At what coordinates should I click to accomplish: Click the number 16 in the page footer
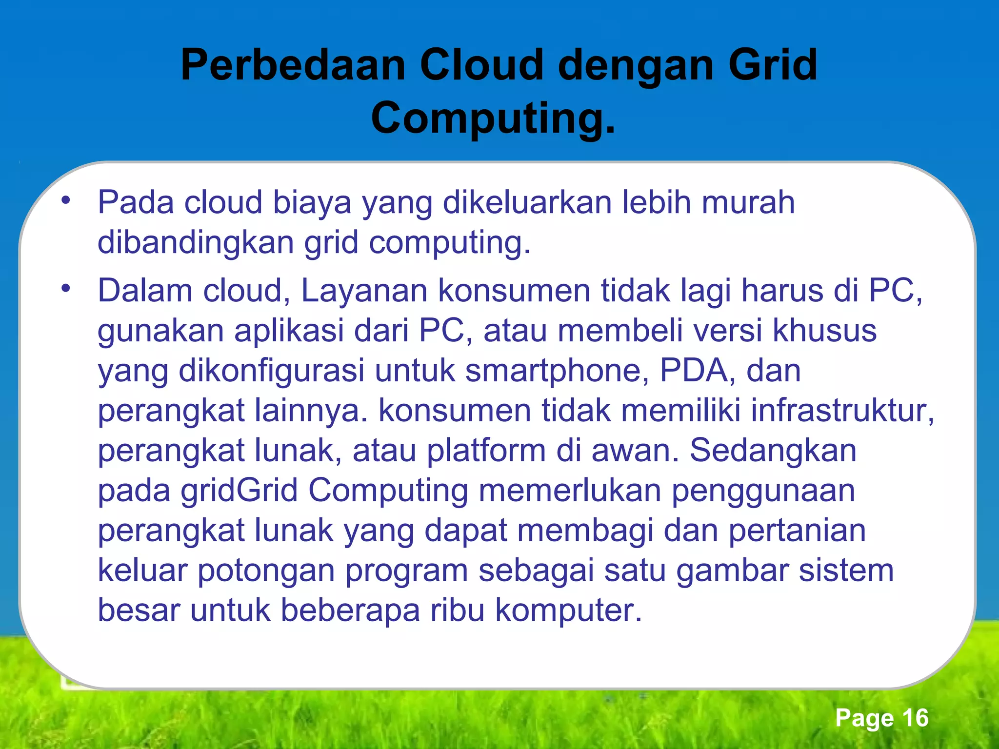915,718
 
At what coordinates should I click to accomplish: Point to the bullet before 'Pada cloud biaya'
66,200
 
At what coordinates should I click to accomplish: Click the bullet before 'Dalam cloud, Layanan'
66,289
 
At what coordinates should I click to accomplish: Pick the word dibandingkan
195,242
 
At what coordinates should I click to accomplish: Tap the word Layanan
364,291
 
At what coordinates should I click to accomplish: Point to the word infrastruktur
841,411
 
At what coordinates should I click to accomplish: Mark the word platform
486,451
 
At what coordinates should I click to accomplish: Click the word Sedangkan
773,451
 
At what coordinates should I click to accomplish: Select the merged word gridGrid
240,491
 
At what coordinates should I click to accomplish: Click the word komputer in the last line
568,611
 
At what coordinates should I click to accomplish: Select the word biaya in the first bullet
312,203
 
